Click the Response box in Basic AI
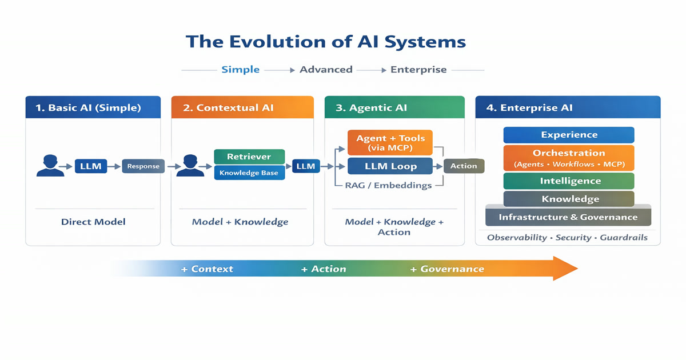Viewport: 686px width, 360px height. click(x=143, y=166)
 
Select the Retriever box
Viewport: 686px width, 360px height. click(x=249, y=157)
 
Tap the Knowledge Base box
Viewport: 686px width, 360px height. click(x=249, y=173)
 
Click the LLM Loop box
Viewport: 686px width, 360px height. click(x=390, y=166)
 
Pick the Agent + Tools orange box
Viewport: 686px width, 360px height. click(x=390, y=142)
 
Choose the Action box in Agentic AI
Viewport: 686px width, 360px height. click(x=464, y=166)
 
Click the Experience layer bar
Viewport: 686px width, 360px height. click(x=569, y=135)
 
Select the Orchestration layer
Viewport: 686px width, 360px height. click(x=569, y=158)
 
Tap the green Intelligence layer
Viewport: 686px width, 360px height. click(x=569, y=181)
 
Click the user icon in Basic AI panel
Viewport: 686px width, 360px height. click(x=50, y=166)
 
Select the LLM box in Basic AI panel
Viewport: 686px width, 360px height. click(x=91, y=166)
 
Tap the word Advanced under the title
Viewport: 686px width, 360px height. click(x=326, y=70)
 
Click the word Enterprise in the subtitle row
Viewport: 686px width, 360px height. click(x=418, y=70)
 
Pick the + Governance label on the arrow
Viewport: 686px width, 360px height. click(x=447, y=269)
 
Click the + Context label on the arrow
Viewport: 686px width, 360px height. click(x=207, y=269)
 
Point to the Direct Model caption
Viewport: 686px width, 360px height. click(x=93, y=222)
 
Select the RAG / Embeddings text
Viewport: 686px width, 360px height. click(x=389, y=186)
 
